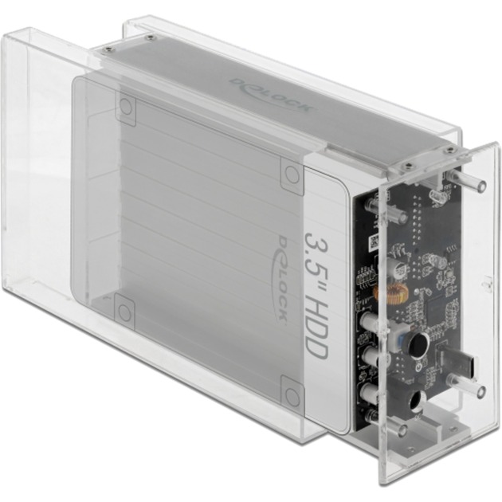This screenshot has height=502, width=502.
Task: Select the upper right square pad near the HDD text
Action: tap(290, 171)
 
